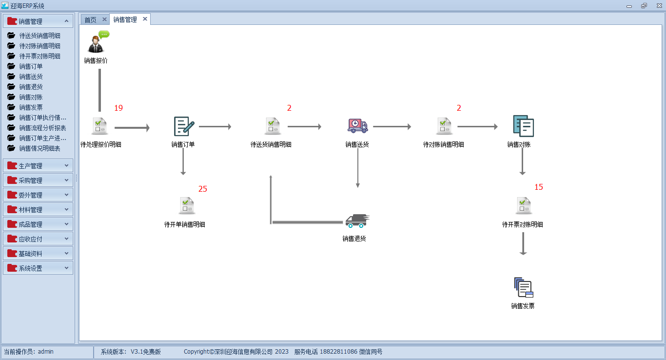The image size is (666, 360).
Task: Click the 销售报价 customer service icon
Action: (98, 42)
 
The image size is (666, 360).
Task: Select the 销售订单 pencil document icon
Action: (184, 126)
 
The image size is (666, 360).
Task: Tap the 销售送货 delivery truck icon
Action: (358, 126)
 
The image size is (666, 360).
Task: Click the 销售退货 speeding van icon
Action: (357, 221)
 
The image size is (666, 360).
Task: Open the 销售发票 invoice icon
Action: (524, 287)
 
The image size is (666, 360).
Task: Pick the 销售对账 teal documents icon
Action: (523, 126)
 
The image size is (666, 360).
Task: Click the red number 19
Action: (118, 108)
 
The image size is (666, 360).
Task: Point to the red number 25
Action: (202, 189)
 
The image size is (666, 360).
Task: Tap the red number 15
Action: (538, 187)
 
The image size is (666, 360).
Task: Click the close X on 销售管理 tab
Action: (145, 19)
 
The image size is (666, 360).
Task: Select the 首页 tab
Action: (90, 20)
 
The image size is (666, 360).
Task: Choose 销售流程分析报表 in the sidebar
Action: (42, 128)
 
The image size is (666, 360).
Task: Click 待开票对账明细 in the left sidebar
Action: (39, 56)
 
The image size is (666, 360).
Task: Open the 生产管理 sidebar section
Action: (38, 166)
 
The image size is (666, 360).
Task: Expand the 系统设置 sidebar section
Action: (38, 268)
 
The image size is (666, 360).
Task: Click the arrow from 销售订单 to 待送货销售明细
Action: (215, 126)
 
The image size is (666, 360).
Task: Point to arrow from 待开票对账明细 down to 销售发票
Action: (523, 244)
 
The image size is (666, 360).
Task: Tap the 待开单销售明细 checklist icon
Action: (187, 205)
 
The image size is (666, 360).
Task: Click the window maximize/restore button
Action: (644, 6)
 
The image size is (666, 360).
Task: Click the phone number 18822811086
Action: (338, 352)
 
